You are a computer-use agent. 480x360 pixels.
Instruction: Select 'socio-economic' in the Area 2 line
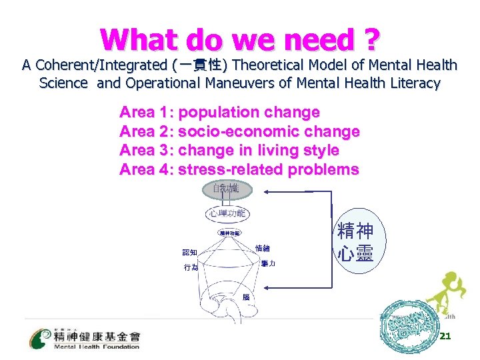pos(243,131)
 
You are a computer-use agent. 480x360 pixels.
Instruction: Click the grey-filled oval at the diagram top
pos(227,190)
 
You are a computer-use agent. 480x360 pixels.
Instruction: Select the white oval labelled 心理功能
pos(227,214)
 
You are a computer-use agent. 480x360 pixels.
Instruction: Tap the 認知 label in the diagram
pos(190,252)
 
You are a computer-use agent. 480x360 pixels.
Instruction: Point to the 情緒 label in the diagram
pos(263,247)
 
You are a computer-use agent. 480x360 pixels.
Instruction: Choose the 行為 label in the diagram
pos(191,267)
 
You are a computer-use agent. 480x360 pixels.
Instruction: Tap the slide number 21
pos(446,336)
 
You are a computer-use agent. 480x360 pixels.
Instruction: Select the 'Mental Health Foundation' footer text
pos(97,346)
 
